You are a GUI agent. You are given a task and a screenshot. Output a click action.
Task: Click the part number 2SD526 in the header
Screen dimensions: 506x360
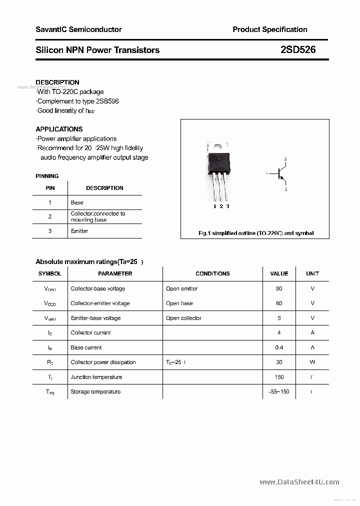[x=298, y=50]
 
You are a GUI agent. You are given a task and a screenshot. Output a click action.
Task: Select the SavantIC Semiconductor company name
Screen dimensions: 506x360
[x=78, y=29]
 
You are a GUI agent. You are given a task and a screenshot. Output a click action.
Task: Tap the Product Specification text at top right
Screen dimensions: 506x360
[x=269, y=29]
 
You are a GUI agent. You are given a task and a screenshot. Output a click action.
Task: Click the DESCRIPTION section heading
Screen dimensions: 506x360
[x=57, y=82]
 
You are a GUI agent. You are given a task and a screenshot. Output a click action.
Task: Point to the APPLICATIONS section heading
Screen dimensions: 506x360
[x=59, y=129]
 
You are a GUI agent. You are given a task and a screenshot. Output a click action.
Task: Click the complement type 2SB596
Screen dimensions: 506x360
[x=105, y=101]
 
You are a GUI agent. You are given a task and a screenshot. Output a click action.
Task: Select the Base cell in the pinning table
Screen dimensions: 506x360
[x=77, y=202]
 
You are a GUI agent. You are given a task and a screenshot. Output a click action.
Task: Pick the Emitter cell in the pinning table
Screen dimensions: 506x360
[x=79, y=231]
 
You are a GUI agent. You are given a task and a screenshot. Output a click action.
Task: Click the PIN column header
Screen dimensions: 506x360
[x=50, y=188]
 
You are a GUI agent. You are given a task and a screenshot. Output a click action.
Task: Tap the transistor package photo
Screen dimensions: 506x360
[x=218, y=169]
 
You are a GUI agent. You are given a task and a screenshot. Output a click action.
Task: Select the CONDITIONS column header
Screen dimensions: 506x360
[x=212, y=273]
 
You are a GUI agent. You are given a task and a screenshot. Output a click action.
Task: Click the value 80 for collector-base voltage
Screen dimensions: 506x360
[x=279, y=288]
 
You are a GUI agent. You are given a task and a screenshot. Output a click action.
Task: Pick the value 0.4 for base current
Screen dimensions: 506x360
[x=279, y=347]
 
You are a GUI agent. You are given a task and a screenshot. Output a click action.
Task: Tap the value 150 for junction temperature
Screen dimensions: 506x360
[x=279, y=377]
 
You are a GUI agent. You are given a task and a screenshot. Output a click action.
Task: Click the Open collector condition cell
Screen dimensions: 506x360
[x=184, y=318]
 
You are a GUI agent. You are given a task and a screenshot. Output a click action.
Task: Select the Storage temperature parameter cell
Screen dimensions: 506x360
[x=95, y=391]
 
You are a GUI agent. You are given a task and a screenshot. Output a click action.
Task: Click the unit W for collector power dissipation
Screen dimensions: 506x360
[x=312, y=362]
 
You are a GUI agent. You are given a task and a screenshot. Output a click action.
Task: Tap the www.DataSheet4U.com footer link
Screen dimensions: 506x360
[x=299, y=482]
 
